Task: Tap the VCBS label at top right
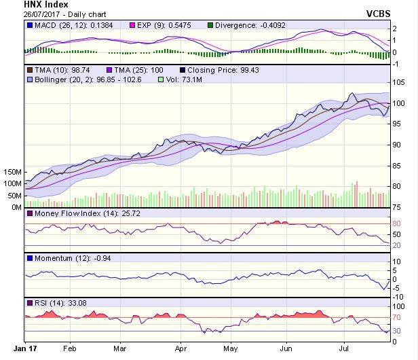click(398, 14)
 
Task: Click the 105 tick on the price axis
click(400, 83)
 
